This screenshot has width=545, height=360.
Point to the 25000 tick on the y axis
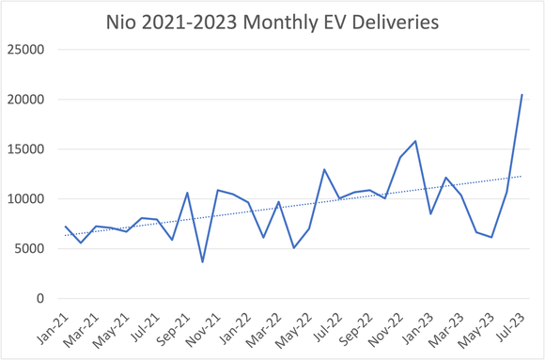pos(27,50)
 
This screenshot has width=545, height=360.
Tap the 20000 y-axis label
pos(27,100)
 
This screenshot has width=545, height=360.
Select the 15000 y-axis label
pos(27,149)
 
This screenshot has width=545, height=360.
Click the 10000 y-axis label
pos(27,199)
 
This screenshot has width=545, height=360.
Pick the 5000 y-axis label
pos(30,249)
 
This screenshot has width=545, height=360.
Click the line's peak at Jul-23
pos(522,94)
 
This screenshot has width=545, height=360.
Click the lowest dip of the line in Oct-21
pos(202,262)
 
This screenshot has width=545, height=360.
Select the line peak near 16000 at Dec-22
pos(415,141)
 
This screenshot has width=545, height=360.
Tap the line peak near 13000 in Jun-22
pos(324,169)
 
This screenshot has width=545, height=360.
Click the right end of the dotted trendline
pos(522,177)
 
